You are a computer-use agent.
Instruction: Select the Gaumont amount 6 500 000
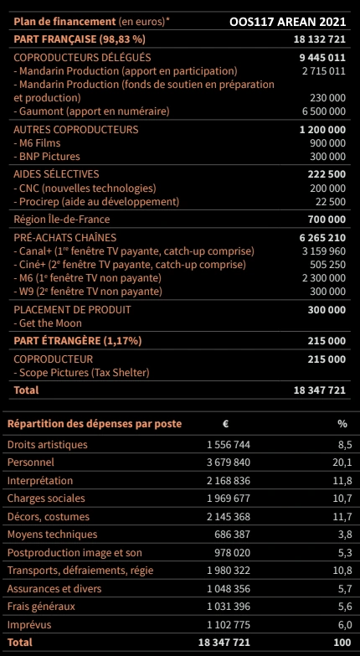321,111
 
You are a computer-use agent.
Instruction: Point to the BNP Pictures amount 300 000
326,156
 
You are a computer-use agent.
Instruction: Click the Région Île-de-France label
57,220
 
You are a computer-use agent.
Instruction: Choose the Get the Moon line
47,322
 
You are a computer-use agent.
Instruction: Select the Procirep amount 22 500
329,201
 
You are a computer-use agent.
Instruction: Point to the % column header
342,423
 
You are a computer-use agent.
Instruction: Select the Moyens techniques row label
52,535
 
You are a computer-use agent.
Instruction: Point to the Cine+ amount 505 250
326,264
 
